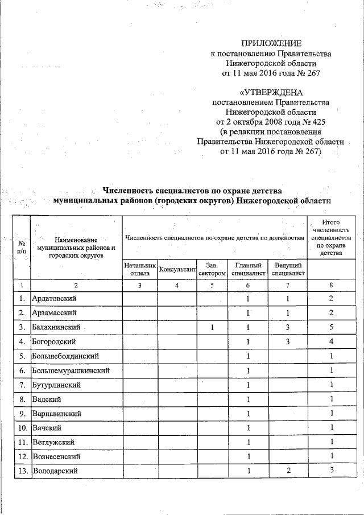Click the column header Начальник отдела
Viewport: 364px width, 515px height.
[x=139, y=269]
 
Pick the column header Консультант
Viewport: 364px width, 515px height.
[x=177, y=269]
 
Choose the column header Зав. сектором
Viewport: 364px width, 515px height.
[x=212, y=269]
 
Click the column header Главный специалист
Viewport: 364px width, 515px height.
[x=248, y=269]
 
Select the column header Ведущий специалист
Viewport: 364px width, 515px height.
[x=288, y=269]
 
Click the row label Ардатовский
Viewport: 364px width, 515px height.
[x=55, y=298]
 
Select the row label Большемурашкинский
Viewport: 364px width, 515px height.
[x=71, y=370]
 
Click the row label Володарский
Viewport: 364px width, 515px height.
[x=55, y=471]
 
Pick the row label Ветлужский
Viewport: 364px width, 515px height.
[x=54, y=442]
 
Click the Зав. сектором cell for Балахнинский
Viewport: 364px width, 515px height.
[x=212, y=327]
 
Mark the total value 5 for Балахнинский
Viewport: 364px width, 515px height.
[x=331, y=327]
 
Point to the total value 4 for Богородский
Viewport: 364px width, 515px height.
[x=331, y=341]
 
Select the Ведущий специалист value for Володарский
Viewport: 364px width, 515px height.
[x=288, y=471]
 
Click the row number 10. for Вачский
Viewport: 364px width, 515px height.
[x=22, y=428]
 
